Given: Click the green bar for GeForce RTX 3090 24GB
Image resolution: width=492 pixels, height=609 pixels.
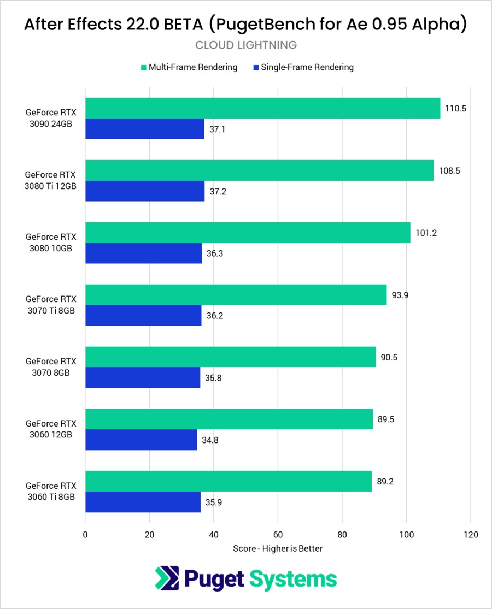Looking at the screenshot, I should (x=262, y=108).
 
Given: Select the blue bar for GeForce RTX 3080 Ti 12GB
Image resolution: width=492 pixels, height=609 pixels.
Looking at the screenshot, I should (x=145, y=191).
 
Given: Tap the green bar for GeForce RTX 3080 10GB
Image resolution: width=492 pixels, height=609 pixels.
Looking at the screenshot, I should (x=248, y=233).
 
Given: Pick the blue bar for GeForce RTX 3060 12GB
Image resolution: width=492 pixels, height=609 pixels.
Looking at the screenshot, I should (x=141, y=440).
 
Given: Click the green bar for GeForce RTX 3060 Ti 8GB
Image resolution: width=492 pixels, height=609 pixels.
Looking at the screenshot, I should (x=229, y=481).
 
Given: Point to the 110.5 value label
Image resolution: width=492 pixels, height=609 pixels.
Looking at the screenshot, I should (x=455, y=108).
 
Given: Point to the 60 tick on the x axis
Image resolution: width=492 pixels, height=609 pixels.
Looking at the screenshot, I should (x=278, y=535).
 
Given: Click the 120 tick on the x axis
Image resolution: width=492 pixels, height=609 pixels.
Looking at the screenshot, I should (x=470, y=535).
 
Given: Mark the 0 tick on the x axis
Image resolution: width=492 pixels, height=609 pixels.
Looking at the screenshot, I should (x=85, y=535).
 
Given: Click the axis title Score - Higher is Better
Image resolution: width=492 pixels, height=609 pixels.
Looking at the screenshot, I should (x=278, y=548).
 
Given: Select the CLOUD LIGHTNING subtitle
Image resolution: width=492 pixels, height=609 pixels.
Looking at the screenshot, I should (x=246, y=45).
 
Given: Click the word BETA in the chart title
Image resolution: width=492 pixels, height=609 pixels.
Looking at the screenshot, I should (x=183, y=25).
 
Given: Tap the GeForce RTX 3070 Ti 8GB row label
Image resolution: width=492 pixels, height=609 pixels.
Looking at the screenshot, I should (x=50, y=305).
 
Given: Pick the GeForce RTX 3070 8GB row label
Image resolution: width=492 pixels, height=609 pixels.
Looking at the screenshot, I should (x=50, y=367).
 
